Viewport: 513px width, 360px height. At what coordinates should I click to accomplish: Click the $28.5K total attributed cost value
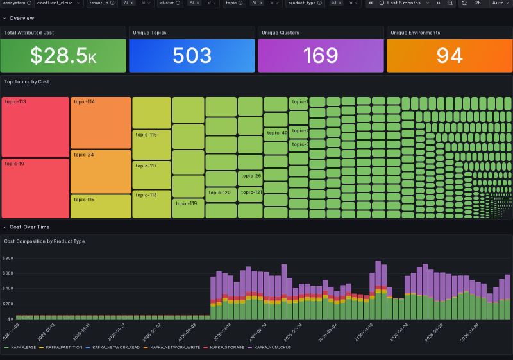pos(63,56)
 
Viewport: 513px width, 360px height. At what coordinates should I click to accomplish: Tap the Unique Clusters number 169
pos(321,56)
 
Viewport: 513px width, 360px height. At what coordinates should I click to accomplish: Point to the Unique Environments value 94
pos(449,56)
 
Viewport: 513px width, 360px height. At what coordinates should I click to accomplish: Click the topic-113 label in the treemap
pos(15,102)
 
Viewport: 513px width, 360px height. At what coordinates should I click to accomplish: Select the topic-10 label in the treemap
pos(14,164)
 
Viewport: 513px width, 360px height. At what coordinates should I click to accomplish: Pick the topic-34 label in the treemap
pos(84,155)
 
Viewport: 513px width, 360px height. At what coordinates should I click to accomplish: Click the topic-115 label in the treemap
pos(84,200)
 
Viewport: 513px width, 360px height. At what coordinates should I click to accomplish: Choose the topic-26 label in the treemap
pos(251,176)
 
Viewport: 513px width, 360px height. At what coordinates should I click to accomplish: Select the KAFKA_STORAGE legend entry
pos(226,347)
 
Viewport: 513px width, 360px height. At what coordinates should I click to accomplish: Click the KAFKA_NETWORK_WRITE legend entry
pos(176,347)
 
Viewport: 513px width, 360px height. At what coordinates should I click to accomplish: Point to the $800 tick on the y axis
pos(8,258)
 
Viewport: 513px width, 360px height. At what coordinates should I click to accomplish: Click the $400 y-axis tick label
pos(8,288)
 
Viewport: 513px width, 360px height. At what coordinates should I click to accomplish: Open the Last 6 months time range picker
pos(403,3)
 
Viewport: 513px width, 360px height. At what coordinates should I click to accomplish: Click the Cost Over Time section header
pos(29,227)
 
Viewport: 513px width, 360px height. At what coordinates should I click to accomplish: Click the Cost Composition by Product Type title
pos(44,241)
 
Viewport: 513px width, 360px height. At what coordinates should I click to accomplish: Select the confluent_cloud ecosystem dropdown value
pos(55,3)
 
